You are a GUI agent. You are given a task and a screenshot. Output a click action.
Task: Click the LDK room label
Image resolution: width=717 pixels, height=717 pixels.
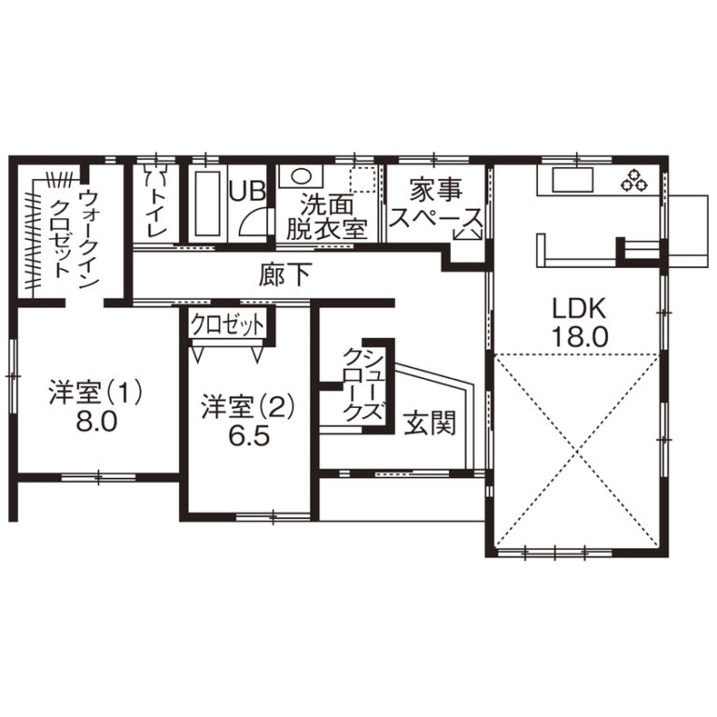(x=580, y=308)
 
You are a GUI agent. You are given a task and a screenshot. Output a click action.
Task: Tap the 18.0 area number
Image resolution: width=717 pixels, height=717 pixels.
(x=580, y=337)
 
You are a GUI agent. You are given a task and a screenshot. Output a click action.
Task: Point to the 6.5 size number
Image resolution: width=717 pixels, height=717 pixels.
(x=249, y=437)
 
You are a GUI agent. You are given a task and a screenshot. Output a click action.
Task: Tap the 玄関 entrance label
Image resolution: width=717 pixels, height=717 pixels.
(x=429, y=423)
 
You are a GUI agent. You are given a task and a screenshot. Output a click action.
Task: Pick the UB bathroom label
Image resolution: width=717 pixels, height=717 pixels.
(x=246, y=191)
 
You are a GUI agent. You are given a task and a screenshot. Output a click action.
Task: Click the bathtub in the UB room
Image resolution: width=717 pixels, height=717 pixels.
(x=207, y=204)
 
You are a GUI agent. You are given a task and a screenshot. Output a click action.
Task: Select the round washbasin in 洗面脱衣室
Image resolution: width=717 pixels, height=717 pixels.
(x=301, y=176)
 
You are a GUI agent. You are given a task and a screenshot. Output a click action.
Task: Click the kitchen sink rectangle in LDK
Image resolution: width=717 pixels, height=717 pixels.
(x=572, y=179)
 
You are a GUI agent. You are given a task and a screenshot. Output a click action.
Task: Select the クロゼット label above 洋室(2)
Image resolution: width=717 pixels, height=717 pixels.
(x=227, y=325)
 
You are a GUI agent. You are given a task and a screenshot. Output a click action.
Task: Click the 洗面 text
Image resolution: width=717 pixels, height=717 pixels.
(x=327, y=205)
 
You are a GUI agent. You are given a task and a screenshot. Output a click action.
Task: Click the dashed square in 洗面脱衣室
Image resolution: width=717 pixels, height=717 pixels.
(x=362, y=179)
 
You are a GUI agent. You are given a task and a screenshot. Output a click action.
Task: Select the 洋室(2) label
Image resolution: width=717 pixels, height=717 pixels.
(x=248, y=407)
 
